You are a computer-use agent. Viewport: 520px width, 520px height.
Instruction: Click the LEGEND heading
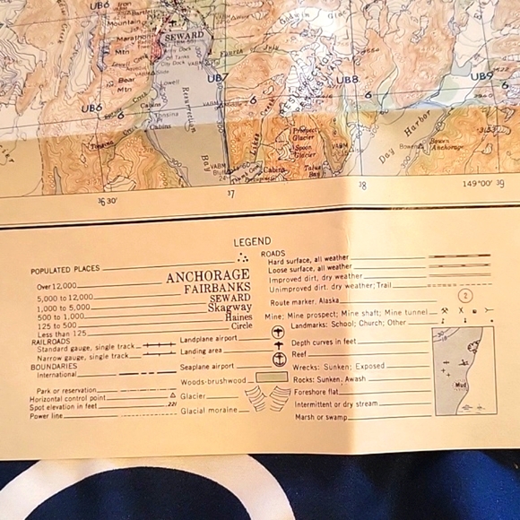coord(252,242)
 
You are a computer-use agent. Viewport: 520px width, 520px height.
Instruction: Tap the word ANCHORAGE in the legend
coord(207,278)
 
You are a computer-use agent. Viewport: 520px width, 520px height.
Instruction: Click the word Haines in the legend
coord(238,317)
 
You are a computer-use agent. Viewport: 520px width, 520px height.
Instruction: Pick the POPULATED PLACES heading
coord(65,270)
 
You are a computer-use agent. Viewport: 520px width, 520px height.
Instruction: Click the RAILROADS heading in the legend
coord(51,342)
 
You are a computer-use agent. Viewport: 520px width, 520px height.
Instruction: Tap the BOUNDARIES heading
coord(53,366)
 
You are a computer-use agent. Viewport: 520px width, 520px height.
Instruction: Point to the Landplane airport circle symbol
coord(278,333)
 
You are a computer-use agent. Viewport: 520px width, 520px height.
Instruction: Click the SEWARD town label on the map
coord(184,38)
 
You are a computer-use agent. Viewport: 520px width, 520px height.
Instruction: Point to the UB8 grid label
coord(347,81)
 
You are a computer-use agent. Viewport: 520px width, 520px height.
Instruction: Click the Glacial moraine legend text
coord(209,410)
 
